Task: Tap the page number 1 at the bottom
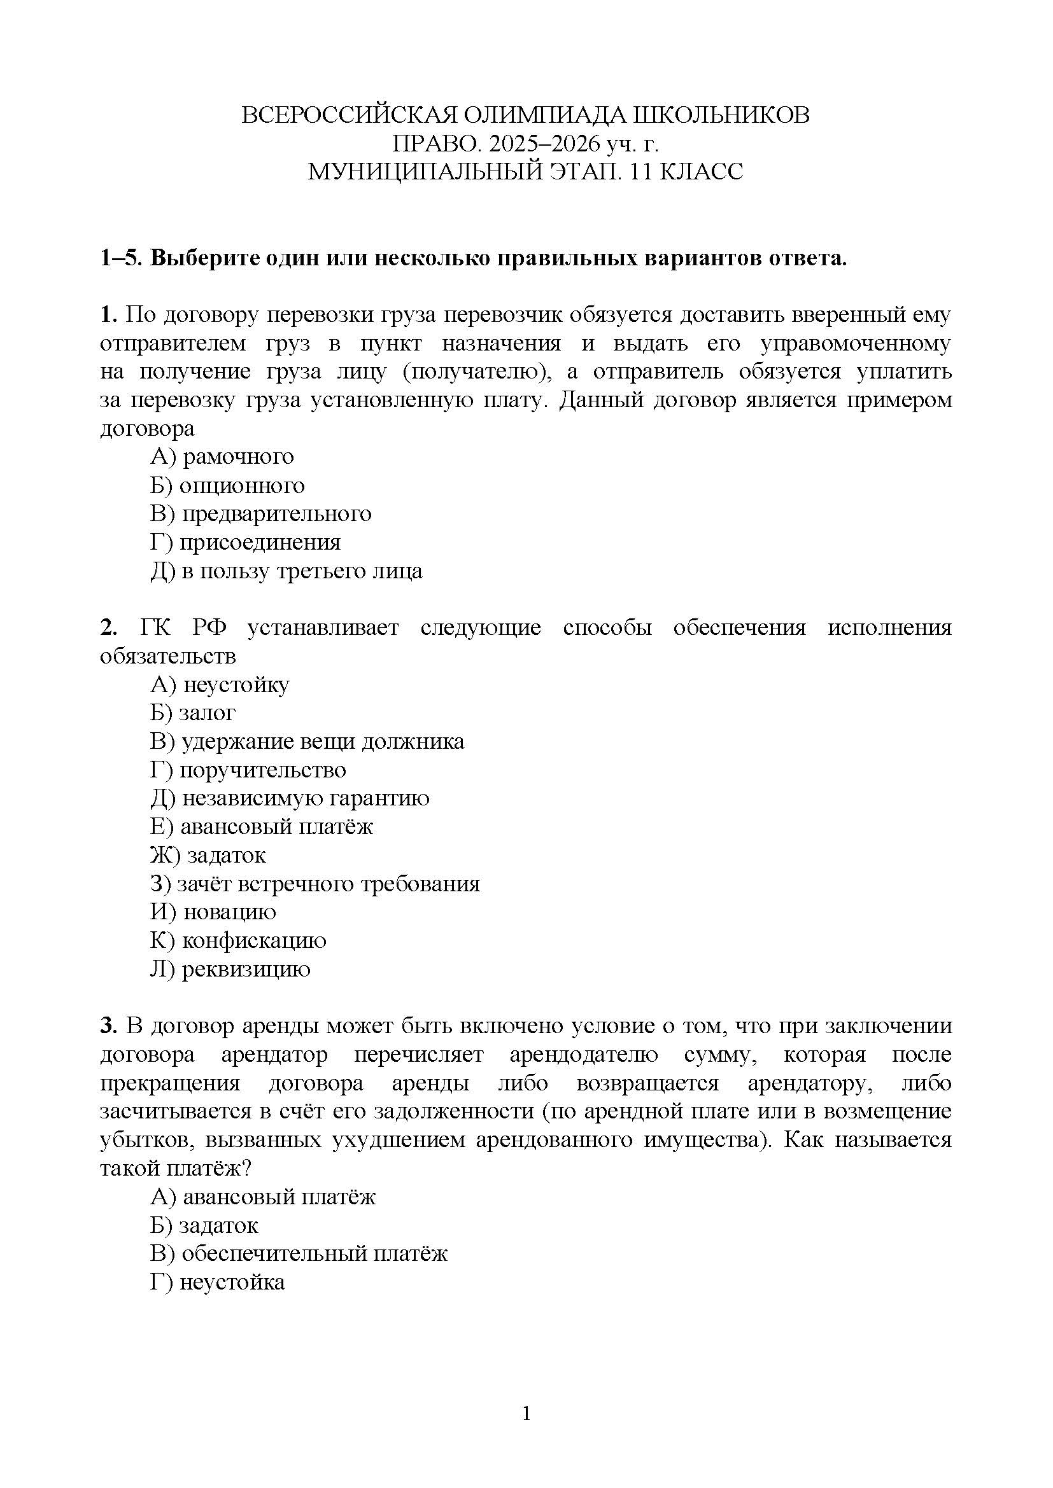[x=526, y=1413]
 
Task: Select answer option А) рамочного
[x=222, y=457]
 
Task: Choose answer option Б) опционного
[x=227, y=485]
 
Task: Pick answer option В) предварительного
[x=260, y=514]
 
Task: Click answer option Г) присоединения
[x=246, y=543]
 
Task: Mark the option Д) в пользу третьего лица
[x=286, y=571]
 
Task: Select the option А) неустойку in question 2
[x=220, y=685]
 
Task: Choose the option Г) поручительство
[x=248, y=770]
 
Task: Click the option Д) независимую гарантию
[x=290, y=798]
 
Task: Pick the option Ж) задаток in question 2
[x=208, y=856]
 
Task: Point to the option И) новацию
[x=213, y=912]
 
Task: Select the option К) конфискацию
[x=239, y=940]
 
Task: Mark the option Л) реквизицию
[x=231, y=969]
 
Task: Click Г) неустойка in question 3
[x=218, y=1283]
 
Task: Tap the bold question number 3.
[x=108, y=1026]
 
